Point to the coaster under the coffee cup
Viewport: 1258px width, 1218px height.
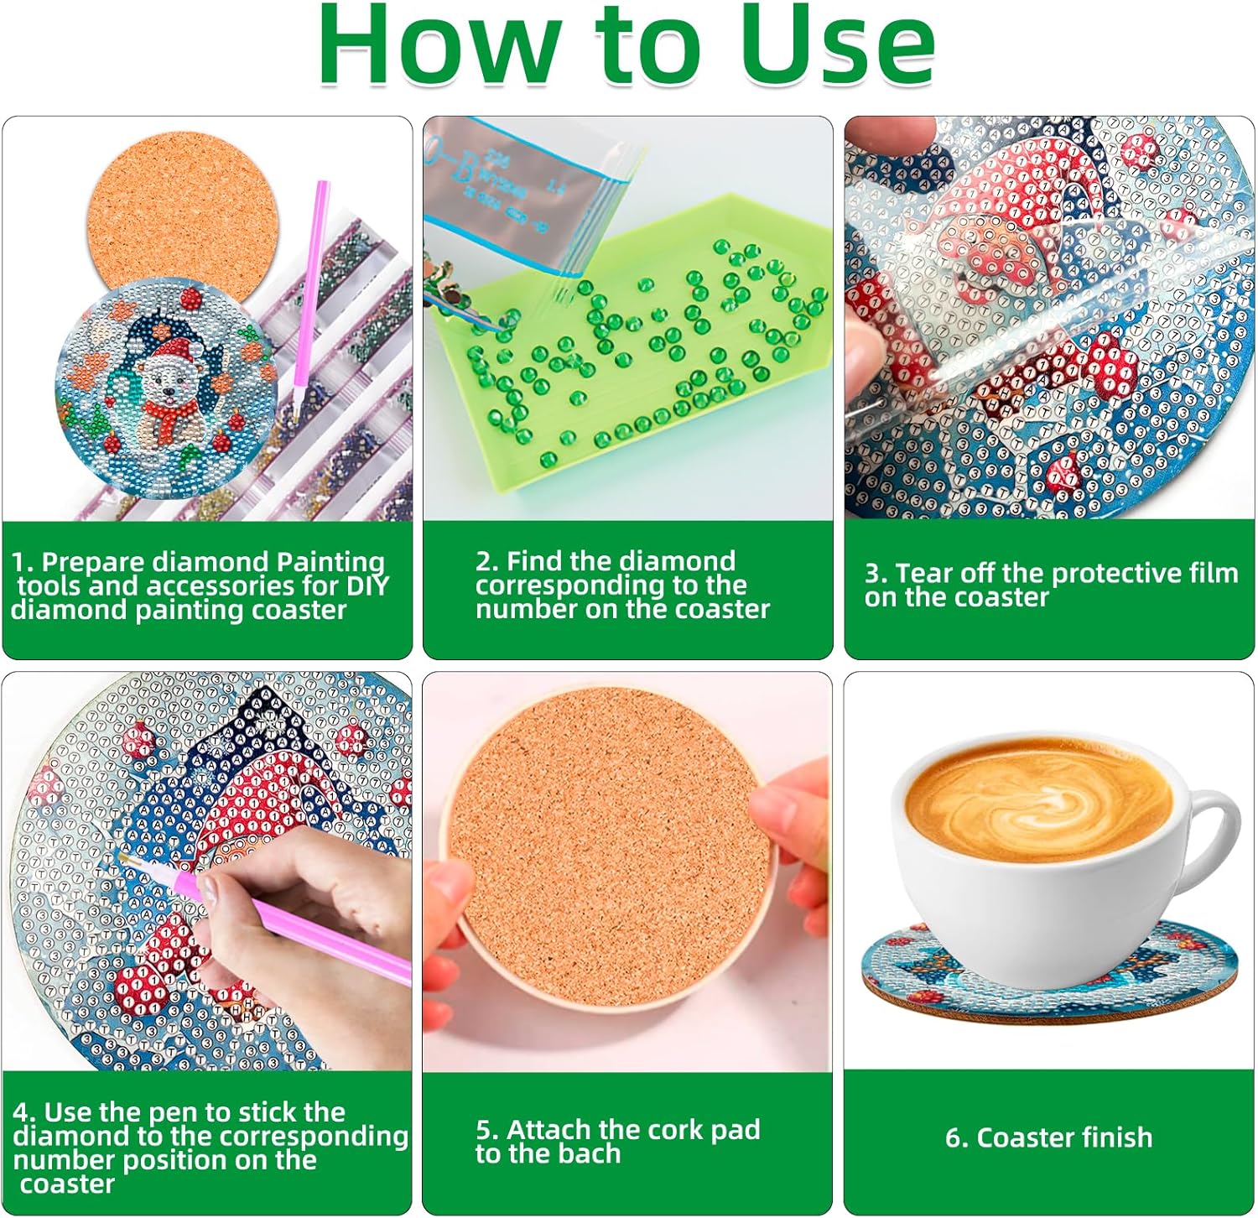pos(1048,973)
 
